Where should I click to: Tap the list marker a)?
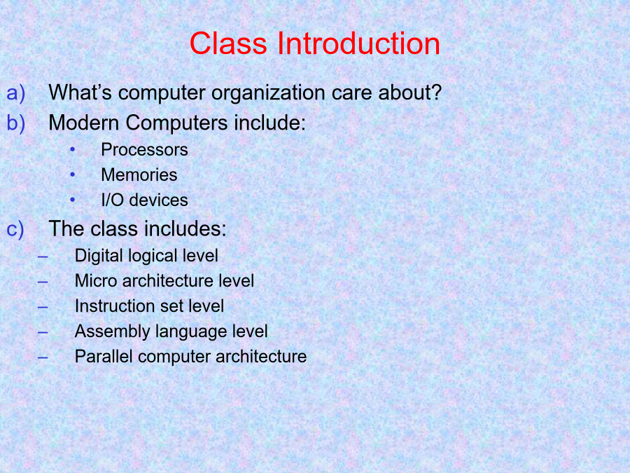15,93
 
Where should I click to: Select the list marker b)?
15,123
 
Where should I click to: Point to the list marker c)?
15,230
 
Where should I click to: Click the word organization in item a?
268,93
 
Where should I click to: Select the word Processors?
145,150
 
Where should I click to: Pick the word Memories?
139,175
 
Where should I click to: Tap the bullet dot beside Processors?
72,150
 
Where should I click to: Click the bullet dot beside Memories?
72,174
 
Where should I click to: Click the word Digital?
99,256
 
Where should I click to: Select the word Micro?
96,281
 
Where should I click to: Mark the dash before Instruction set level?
43,308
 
